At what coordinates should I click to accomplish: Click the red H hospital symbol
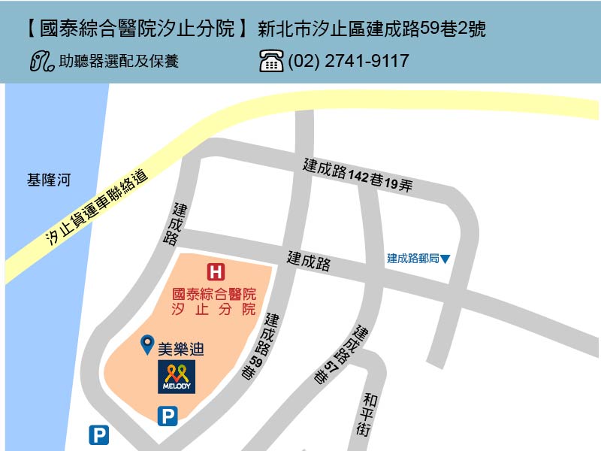[x=216, y=271]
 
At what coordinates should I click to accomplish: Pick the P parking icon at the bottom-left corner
[x=99, y=435]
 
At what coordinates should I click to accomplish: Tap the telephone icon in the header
[x=271, y=61]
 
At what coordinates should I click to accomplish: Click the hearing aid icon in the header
[x=42, y=61]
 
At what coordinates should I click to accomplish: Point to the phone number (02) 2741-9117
[x=349, y=61]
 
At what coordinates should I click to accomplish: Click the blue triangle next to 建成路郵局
[x=445, y=259]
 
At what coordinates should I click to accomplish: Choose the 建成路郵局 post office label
[x=412, y=259]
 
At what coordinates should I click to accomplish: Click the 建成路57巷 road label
[x=342, y=355]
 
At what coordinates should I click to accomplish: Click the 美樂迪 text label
[x=181, y=349]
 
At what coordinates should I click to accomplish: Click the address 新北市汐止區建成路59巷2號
[x=371, y=30]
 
